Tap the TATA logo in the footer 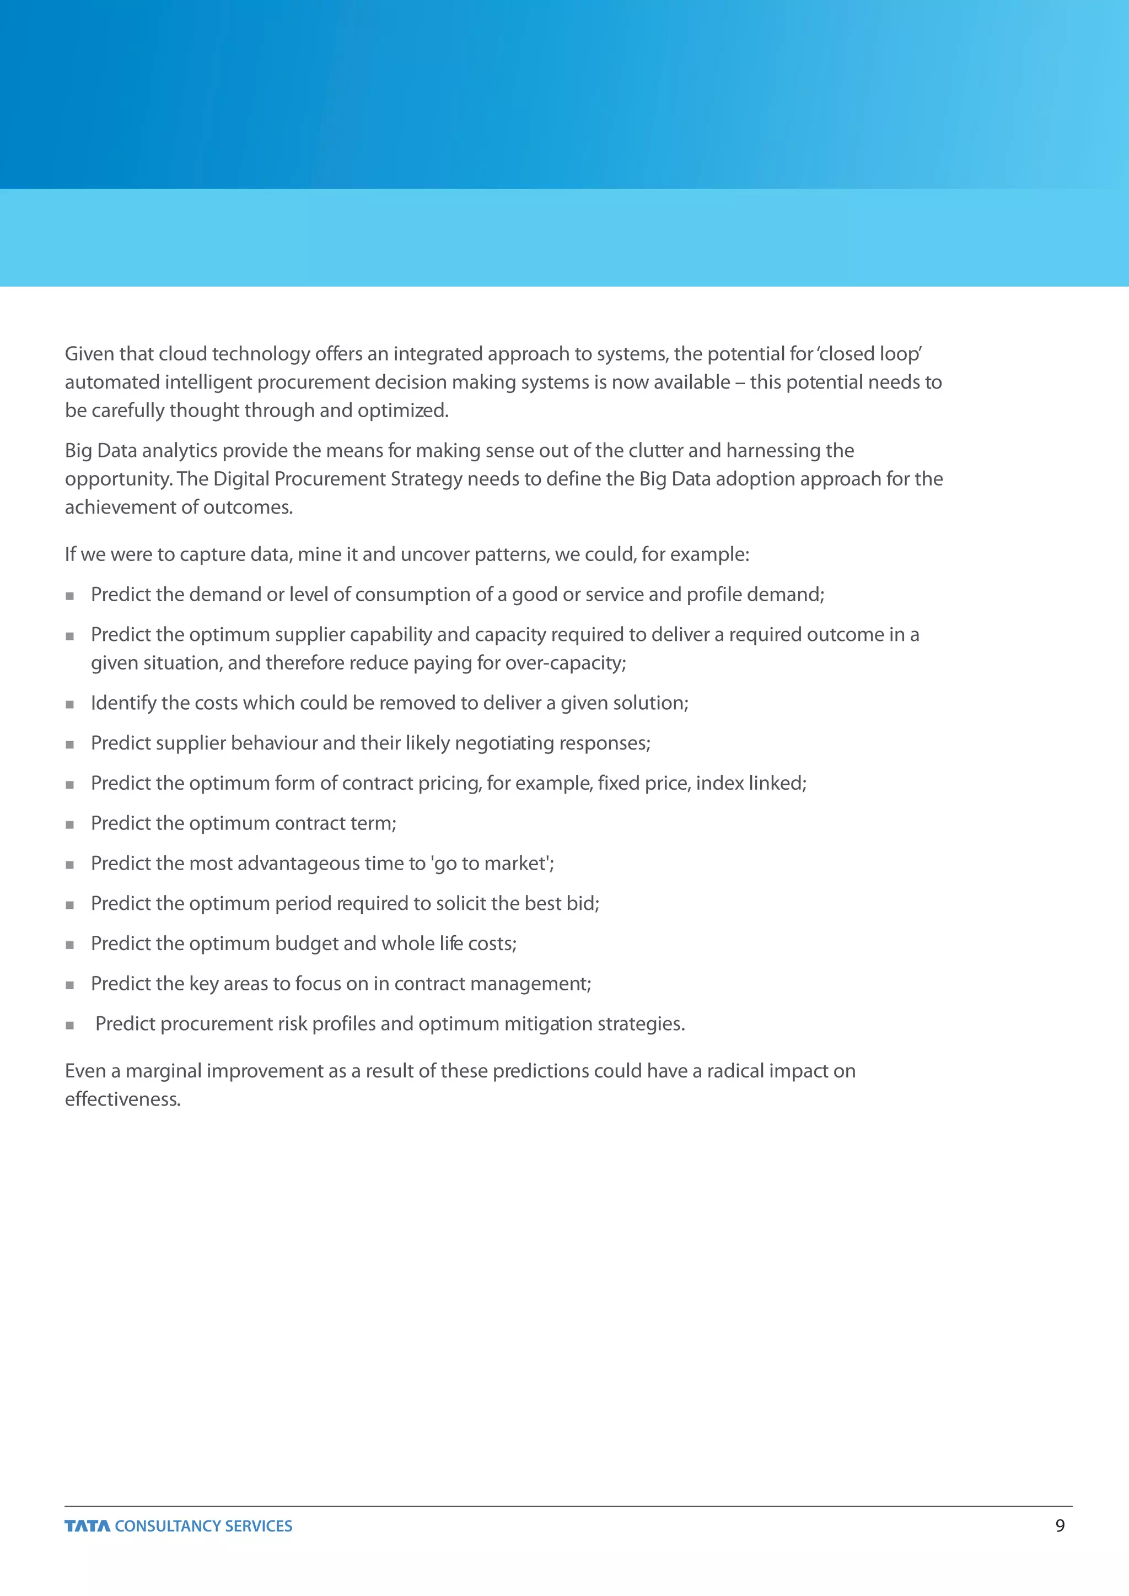tap(88, 1526)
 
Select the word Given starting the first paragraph tap(89, 354)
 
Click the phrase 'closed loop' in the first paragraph tap(869, 354)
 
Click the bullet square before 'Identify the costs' tap(69, 704)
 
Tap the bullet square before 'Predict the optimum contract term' tap(69, 824)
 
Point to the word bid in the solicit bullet tap(583, 904)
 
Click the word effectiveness tap(122, 1099)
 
